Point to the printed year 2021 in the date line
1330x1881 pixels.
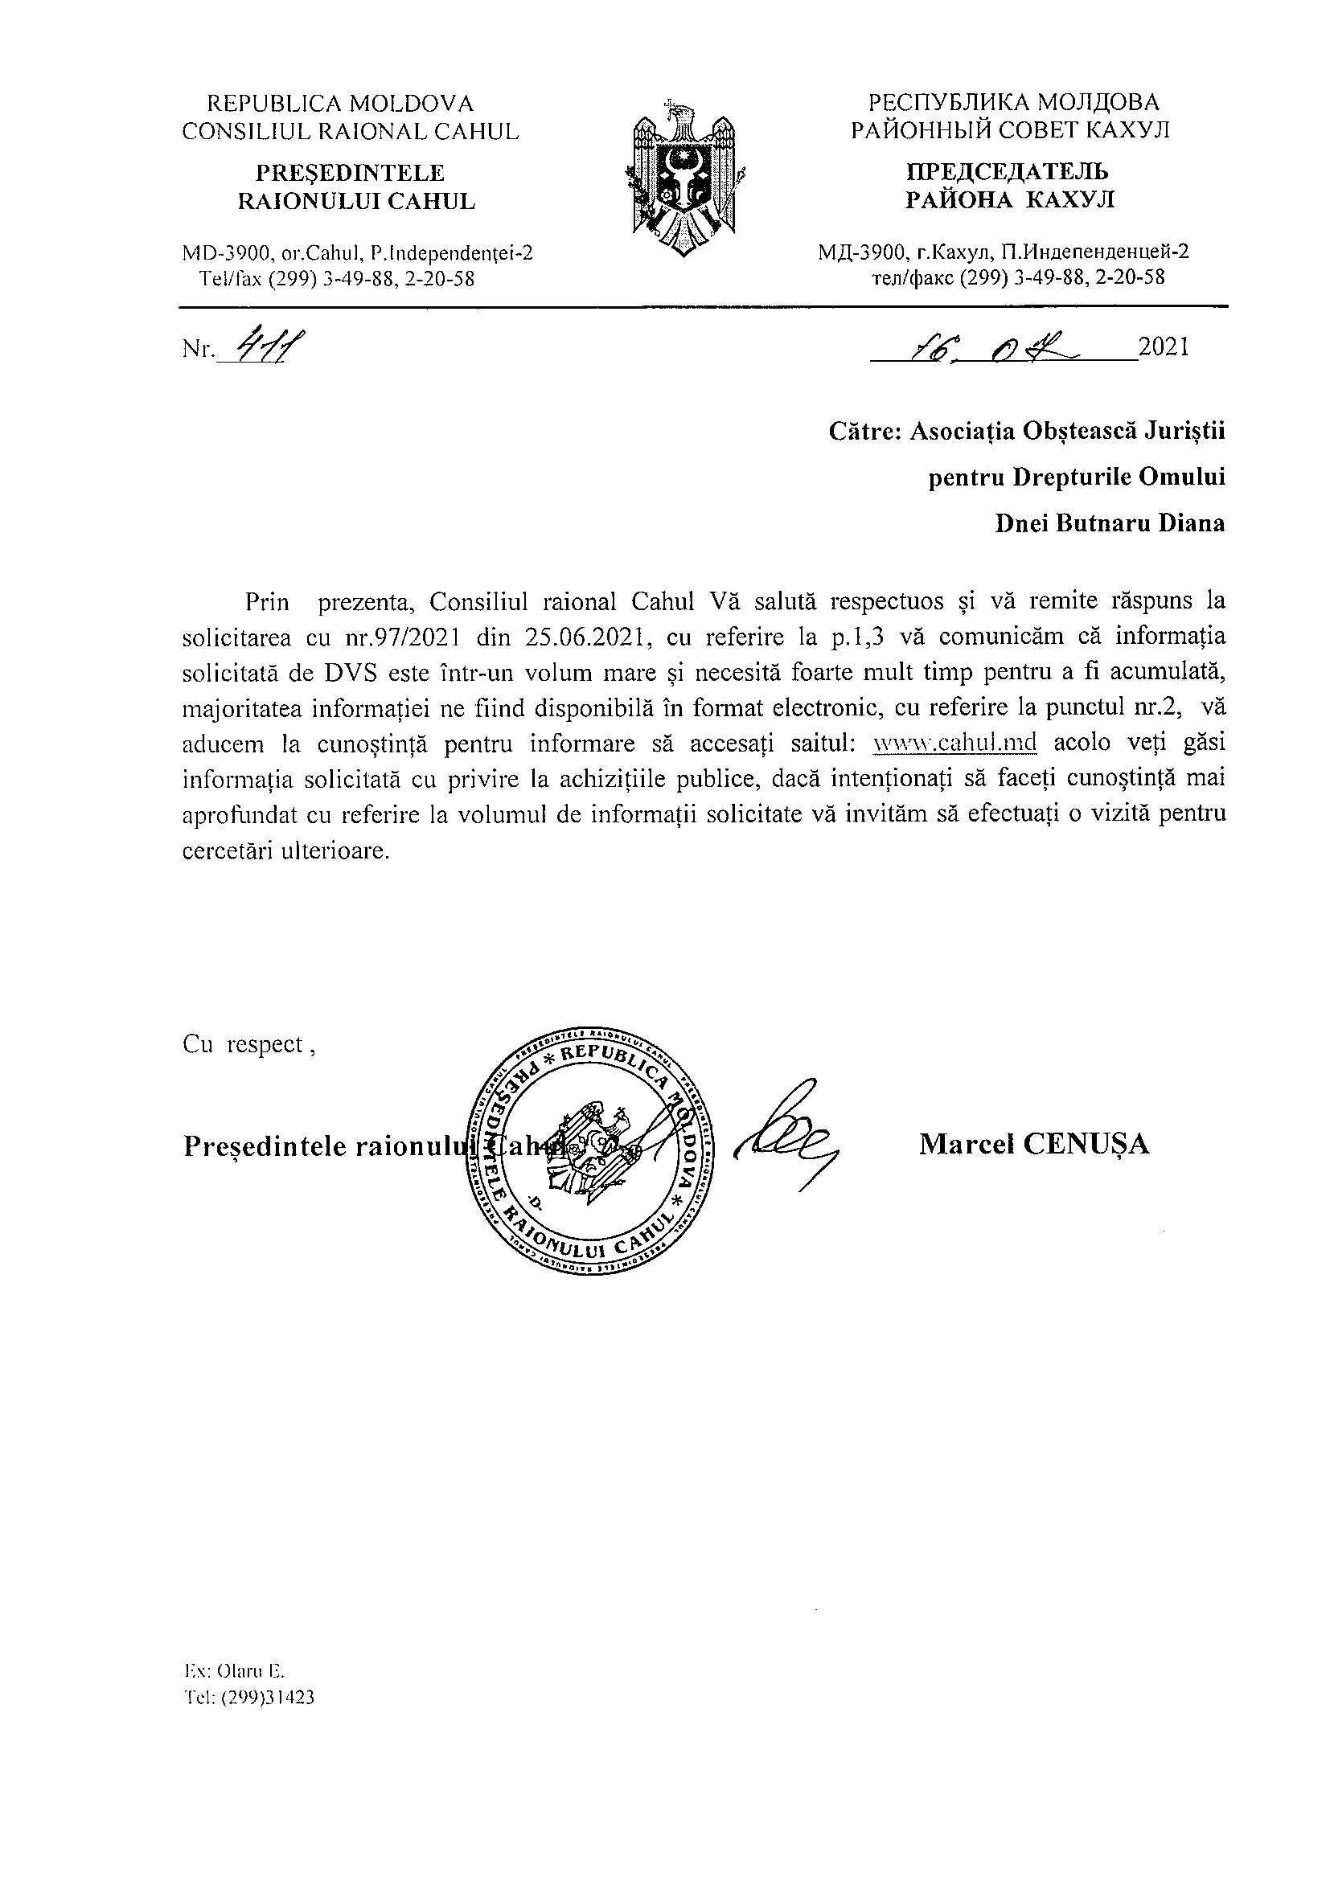tap(1163, 347)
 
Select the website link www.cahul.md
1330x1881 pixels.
tap(955, 743)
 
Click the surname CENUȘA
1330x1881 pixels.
tap(1085, 1144)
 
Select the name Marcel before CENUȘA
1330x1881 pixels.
tap(964, 1144)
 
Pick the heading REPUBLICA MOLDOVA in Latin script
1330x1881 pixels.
tap(340, 104)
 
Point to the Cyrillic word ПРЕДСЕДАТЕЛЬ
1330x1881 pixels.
tap(1007, 172)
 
